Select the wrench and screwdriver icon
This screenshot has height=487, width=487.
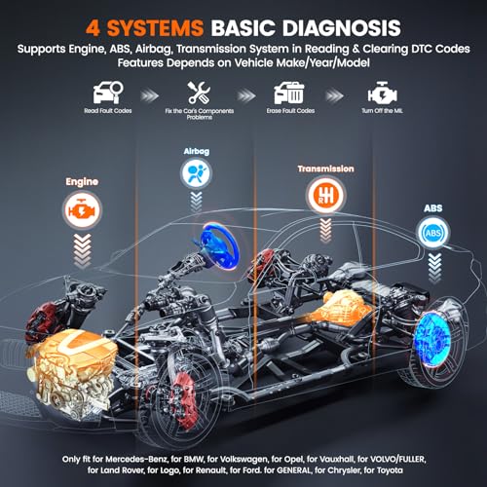199,94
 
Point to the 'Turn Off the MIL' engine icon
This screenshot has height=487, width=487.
380,95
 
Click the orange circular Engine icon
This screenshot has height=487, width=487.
82,207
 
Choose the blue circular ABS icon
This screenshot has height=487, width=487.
431,233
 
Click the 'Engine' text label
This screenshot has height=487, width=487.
82,181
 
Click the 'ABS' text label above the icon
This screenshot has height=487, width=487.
431,206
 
